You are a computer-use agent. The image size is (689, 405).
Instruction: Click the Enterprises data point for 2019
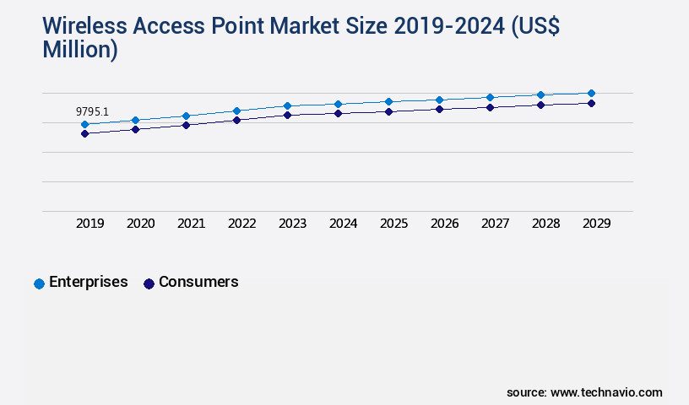tap(84, 124)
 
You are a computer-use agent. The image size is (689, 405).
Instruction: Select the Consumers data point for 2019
tap(84, 133)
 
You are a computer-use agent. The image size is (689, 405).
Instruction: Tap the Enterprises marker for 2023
tap(287, 105)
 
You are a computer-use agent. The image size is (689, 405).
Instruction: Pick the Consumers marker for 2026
tap(439, 109)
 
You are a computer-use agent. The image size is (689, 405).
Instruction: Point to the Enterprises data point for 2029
tap(591, 93)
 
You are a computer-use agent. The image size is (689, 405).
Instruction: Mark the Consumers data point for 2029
tap(591, 103)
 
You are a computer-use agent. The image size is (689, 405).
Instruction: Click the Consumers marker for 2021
tap(186, 125)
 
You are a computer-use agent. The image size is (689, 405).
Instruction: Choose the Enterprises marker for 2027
tap(490, 97)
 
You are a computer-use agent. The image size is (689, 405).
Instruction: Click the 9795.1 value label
tap(92, 111)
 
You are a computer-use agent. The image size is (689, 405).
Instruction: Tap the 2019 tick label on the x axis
tap(90, 224)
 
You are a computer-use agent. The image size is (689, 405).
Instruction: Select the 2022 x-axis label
tap(242, 224)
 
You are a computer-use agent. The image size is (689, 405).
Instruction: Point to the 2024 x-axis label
tap(344, 224)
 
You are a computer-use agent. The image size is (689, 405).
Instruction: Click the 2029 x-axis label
tap(597, 224)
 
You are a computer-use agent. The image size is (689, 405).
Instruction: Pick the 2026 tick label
tap(445, 224)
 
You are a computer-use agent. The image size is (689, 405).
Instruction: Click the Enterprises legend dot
tap(39, 283)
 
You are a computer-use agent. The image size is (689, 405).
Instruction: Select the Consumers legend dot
tap(149, 283)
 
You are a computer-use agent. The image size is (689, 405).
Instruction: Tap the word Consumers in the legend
tap(198, 282)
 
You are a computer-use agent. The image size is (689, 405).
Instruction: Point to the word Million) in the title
tap(80, 49)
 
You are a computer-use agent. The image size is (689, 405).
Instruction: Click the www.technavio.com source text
tap(606, 392)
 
